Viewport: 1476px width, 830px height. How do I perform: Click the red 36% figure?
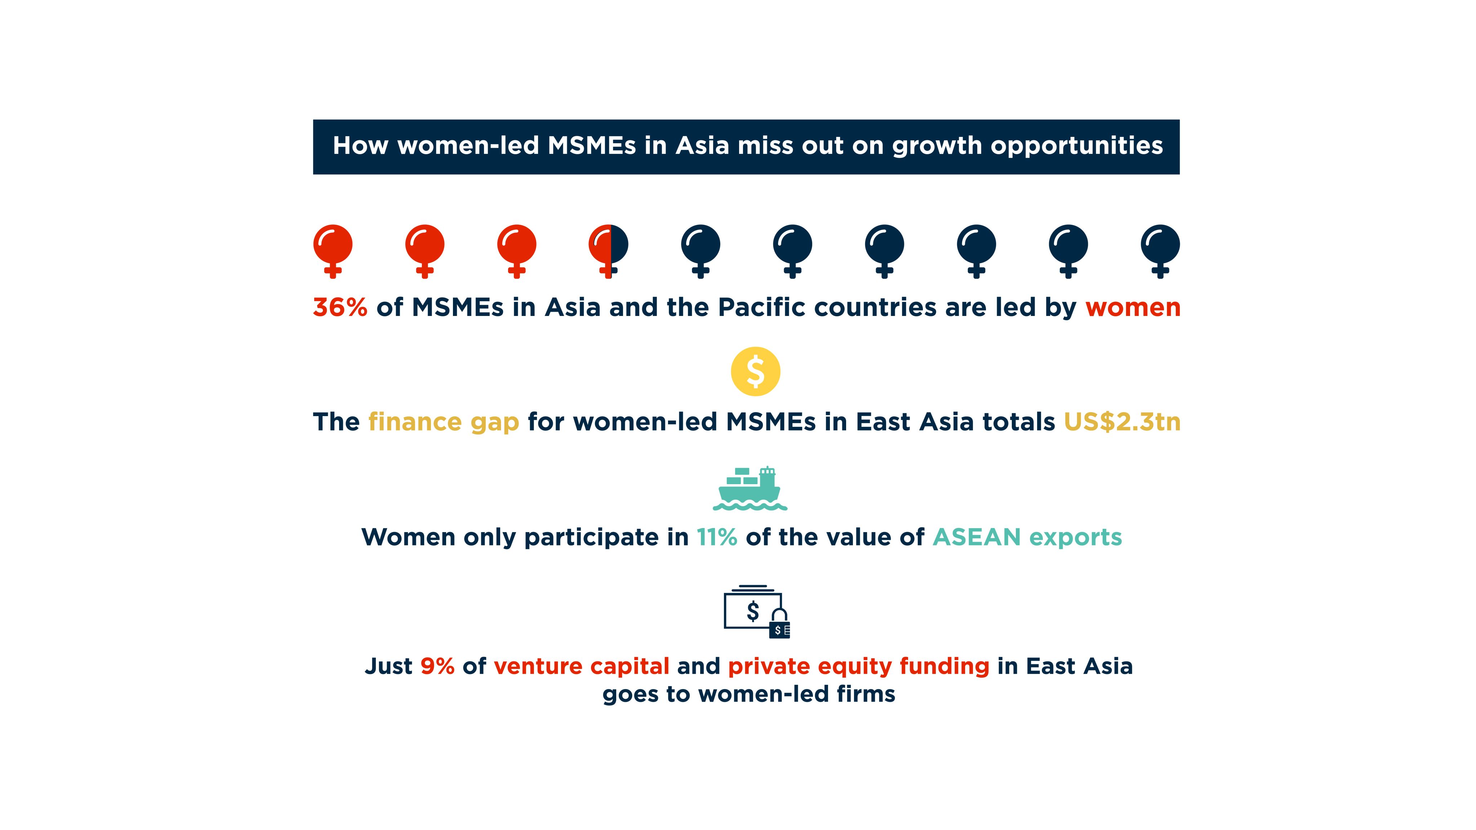tap(340, 308)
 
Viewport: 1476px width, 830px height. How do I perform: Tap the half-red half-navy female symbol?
tap(609, 250)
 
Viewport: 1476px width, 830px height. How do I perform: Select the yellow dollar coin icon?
tap(755, 371)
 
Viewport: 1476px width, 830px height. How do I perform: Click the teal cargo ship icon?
tap(750, 488)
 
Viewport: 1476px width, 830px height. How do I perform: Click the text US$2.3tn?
tap(1122, 422)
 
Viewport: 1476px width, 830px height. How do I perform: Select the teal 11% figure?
tap(717, 537)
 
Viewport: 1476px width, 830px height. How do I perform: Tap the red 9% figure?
tap(437, 666)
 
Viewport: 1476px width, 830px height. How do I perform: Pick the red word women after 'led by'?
tap(1133, 308)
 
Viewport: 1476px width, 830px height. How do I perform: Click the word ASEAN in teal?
tap(977, 537)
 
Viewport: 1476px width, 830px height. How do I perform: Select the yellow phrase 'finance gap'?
tap(444, 423)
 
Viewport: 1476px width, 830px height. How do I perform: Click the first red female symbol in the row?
tap(333, 250)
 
